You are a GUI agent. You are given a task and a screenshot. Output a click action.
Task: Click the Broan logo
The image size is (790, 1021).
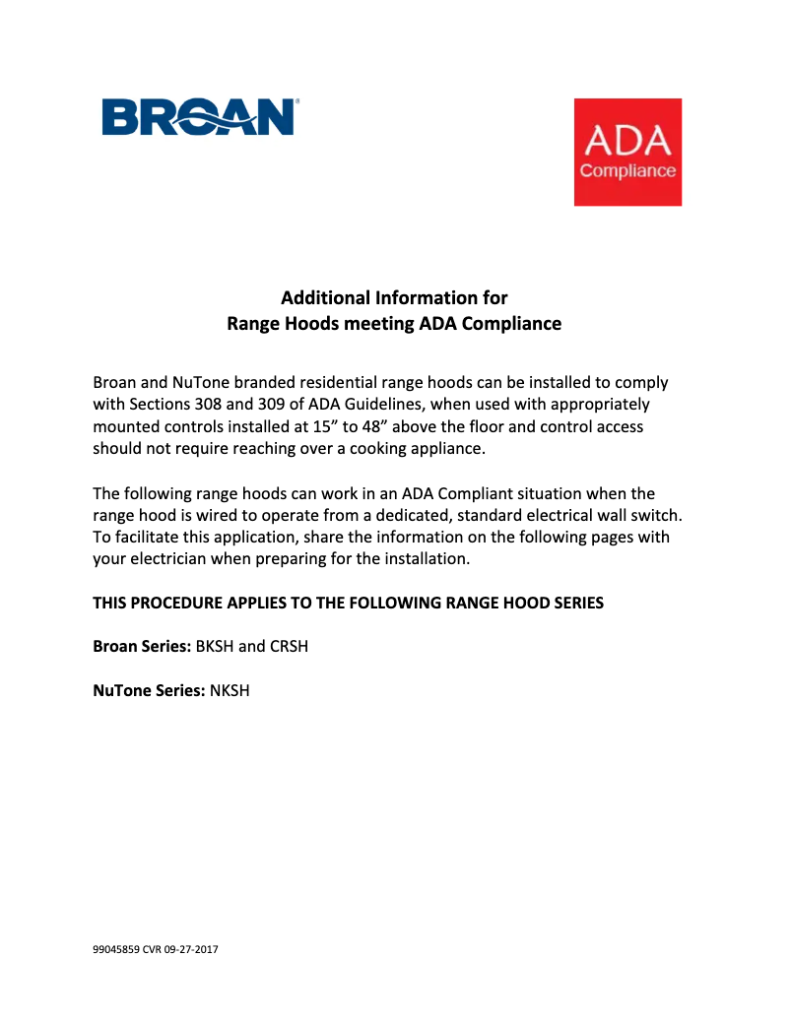pyautogui.click(x=200, y=117)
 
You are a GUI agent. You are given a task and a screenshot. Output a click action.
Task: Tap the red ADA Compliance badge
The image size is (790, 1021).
pyautogui.click(x=627, y=152)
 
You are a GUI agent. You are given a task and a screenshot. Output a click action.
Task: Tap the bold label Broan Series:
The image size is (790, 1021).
pyautogui.click(x=142, y=647)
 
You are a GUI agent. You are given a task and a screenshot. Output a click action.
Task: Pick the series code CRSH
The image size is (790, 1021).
pyautogui.click(x=290, y=647)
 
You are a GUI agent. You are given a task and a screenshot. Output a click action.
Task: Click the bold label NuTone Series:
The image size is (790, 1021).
pyautogui.click(x=149, y=690)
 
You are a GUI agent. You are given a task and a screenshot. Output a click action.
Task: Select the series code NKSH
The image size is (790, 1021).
pyautogui.click(x=230, y=690)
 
